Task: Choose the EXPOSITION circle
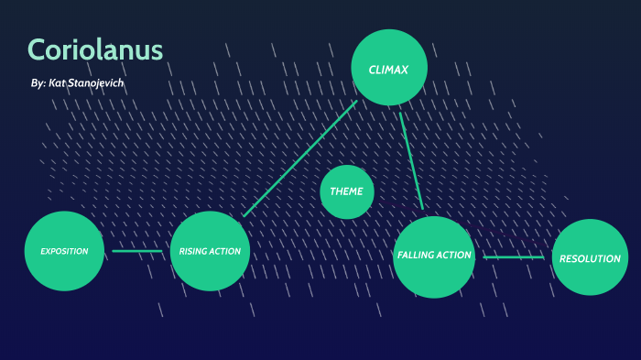tap(63, 250)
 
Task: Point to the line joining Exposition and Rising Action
tap(137, 251)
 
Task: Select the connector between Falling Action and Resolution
tap(514, 257)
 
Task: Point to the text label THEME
tap(347, 191)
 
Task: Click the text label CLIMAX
tap(389, 70)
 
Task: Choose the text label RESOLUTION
tap(590, 258)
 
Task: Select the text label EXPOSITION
tap(63, 251)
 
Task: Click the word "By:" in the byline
tap(38, 83)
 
